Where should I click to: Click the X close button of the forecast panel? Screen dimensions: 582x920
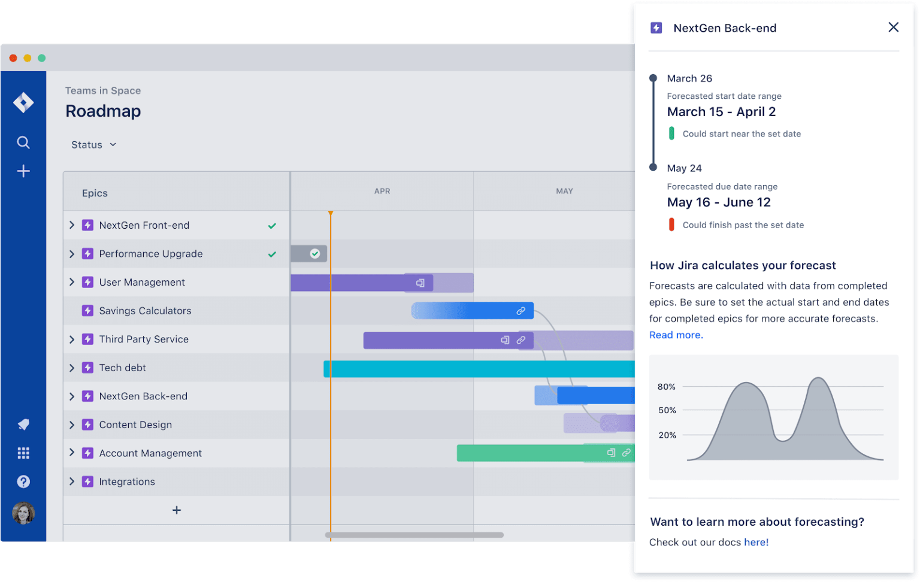893,27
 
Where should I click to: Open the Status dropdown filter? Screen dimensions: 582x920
93,145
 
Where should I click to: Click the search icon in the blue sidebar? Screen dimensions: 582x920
23,143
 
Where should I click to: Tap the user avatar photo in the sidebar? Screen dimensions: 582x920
23,513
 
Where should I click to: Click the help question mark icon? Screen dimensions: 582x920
23,481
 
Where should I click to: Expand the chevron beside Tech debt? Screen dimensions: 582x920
72,368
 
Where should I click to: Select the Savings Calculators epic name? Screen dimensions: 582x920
145,311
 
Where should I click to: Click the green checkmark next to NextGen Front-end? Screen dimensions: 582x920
272,226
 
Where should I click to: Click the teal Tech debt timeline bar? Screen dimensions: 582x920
479,369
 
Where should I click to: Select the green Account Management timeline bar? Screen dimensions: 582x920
527,453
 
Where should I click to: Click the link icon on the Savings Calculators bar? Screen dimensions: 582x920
521,311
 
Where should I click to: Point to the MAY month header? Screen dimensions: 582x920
564,191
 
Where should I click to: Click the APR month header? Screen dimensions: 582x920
382,191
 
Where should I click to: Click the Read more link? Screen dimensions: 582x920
676,335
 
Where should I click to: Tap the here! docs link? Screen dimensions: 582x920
756,542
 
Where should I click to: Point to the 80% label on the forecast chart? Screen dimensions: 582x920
666,387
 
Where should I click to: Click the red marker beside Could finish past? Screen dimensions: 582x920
671,225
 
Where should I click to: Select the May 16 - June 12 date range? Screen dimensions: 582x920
719,202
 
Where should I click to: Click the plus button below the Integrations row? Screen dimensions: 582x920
177,510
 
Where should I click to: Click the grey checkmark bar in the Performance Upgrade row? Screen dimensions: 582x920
309,254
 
